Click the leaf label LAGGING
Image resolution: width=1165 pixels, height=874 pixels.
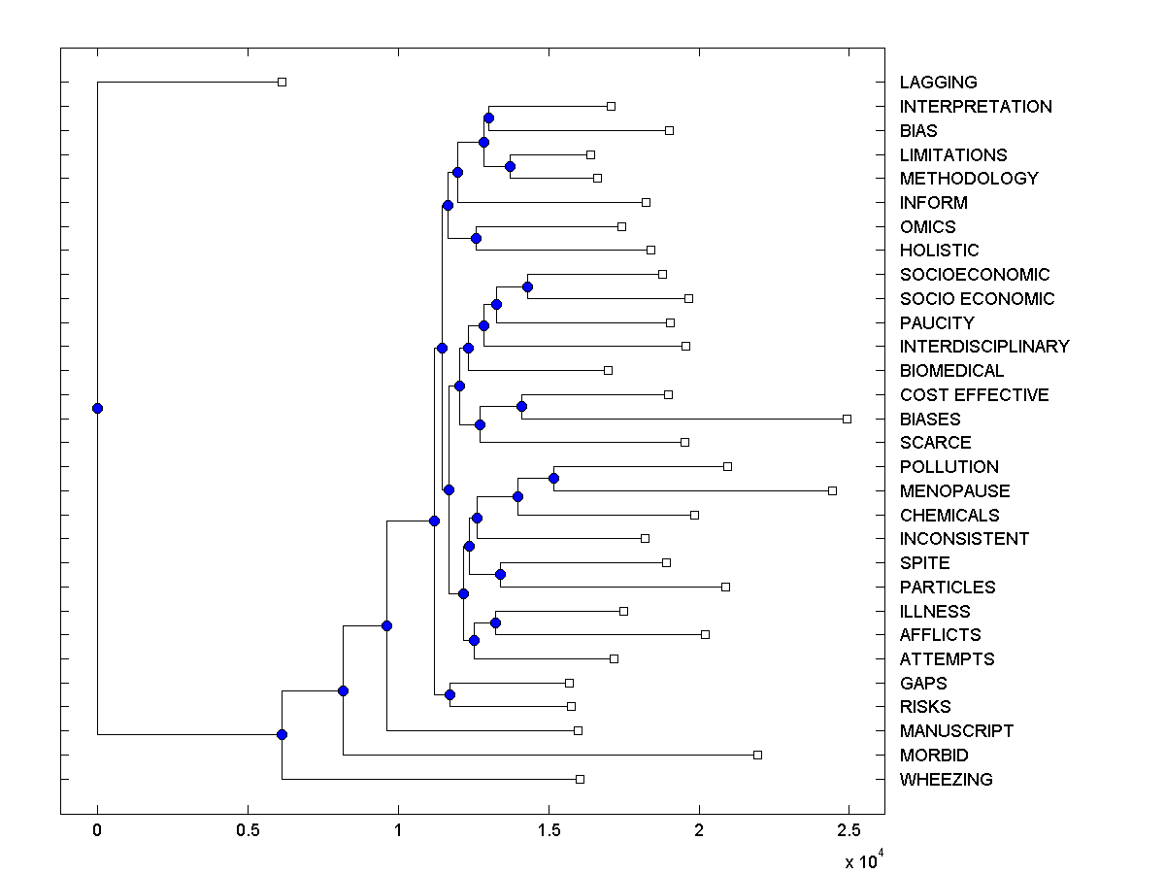coord(938,83)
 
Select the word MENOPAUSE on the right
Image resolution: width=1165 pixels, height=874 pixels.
coord(954,491)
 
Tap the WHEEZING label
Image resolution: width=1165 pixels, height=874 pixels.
coord(946,780)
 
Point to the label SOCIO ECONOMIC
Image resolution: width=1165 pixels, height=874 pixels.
coord(977,299)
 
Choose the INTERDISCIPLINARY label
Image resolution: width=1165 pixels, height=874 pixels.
coord(984,347)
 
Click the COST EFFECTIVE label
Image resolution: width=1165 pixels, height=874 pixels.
coord(974,395)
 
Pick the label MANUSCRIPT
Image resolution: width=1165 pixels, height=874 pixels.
coord(956,731)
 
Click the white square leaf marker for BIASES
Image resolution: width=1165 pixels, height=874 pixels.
coord(847,419)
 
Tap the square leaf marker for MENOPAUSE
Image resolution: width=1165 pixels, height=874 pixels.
coord(832,490)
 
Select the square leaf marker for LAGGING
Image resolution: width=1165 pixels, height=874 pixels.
coord(282,82)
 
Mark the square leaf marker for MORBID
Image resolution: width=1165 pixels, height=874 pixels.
coord(757,755)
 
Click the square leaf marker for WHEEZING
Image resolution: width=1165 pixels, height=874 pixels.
coord(580,779)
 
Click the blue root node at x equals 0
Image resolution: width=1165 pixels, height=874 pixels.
coord(97,408)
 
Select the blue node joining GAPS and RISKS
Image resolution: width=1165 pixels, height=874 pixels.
coord(449,694)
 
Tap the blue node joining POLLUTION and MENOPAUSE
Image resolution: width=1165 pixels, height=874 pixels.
coord(553,478)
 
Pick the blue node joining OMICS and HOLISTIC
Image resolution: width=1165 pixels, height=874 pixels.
coord(476,238)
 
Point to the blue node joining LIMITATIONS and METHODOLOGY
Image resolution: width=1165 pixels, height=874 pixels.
coord(510,166)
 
